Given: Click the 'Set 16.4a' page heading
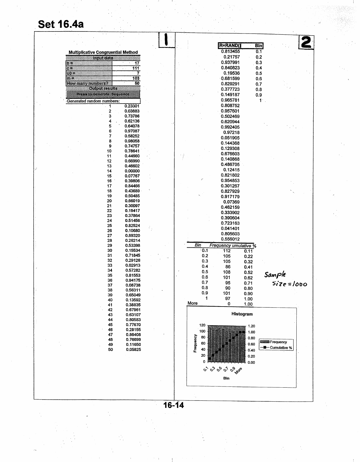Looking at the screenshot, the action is click(61, 24).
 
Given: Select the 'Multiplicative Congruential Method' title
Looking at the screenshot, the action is click(103, 52).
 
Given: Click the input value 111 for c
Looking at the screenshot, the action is click(136, 68).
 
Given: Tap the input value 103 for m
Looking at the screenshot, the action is click(136, 78).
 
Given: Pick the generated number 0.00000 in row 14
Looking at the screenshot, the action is click(132, 171).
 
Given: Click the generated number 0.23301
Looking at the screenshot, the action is click(132, 106).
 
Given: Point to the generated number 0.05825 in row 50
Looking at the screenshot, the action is click(133, 349).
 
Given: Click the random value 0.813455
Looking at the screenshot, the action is click(230, 51).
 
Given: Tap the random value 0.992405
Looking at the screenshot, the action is click(230, 127).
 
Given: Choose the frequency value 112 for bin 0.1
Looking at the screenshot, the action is click(227, 251).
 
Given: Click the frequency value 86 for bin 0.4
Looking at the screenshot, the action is click(228, 267).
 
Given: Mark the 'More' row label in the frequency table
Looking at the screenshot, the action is click(192, 303).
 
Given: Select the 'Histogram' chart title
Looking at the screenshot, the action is click(242, 314).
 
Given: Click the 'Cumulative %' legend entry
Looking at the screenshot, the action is click(281, 348).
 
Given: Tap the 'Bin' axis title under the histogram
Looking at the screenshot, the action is click(226, 378).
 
